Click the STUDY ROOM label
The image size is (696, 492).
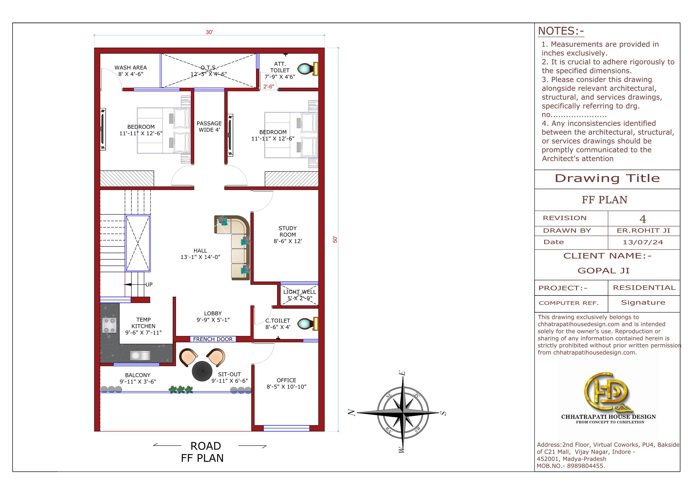(288, 231)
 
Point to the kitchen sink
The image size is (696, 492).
(140, 355)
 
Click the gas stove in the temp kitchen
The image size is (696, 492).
(109, 325)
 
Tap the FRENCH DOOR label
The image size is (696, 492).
(213, 339)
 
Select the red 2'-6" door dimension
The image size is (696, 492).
(268, 87)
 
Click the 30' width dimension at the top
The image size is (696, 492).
(209, 32)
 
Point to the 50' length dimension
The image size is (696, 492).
(335, 240)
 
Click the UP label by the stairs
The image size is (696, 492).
(149, 284)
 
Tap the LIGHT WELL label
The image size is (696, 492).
(300, 292)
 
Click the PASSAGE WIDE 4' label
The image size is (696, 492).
(209, 127)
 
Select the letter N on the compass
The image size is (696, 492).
(351, 412)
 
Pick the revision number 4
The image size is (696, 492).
(643, 219)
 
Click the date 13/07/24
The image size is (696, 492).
(643, 242)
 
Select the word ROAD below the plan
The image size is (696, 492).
(206, 446)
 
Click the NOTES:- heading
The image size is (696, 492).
(561, 31)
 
